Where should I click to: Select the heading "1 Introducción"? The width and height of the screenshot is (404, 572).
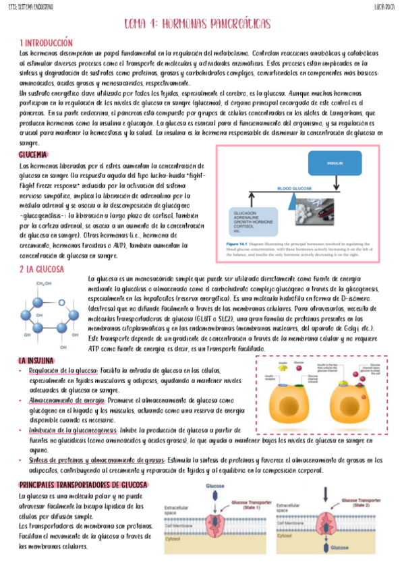(46, 42)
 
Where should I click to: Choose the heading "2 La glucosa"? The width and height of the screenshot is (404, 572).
(42, 269)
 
